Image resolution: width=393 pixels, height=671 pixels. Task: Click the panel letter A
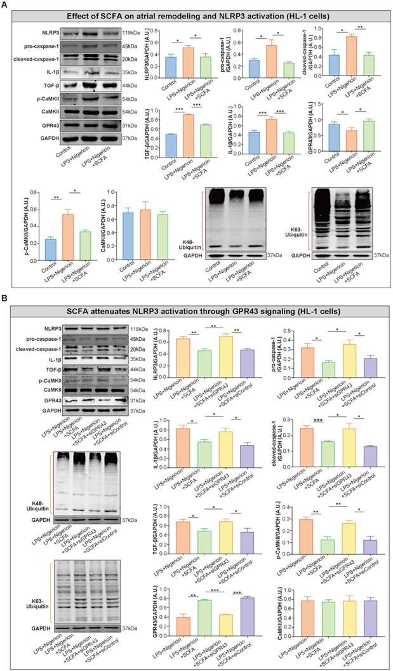click(x=5, y=6)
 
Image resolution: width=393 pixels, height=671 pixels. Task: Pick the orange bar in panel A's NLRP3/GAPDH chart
click(x=187, y=62)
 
